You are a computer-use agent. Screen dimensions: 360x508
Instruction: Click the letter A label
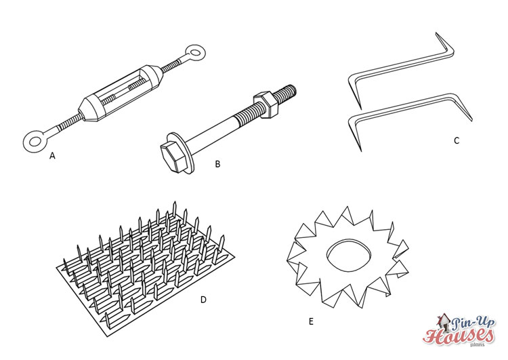click(51, 156)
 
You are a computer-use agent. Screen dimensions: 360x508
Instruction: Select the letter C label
click(457, 141)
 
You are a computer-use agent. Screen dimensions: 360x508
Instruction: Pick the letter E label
click(311, 321)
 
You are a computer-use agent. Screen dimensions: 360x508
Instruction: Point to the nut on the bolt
click(263, 103)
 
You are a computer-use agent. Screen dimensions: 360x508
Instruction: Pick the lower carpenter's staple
click(406, 115)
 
